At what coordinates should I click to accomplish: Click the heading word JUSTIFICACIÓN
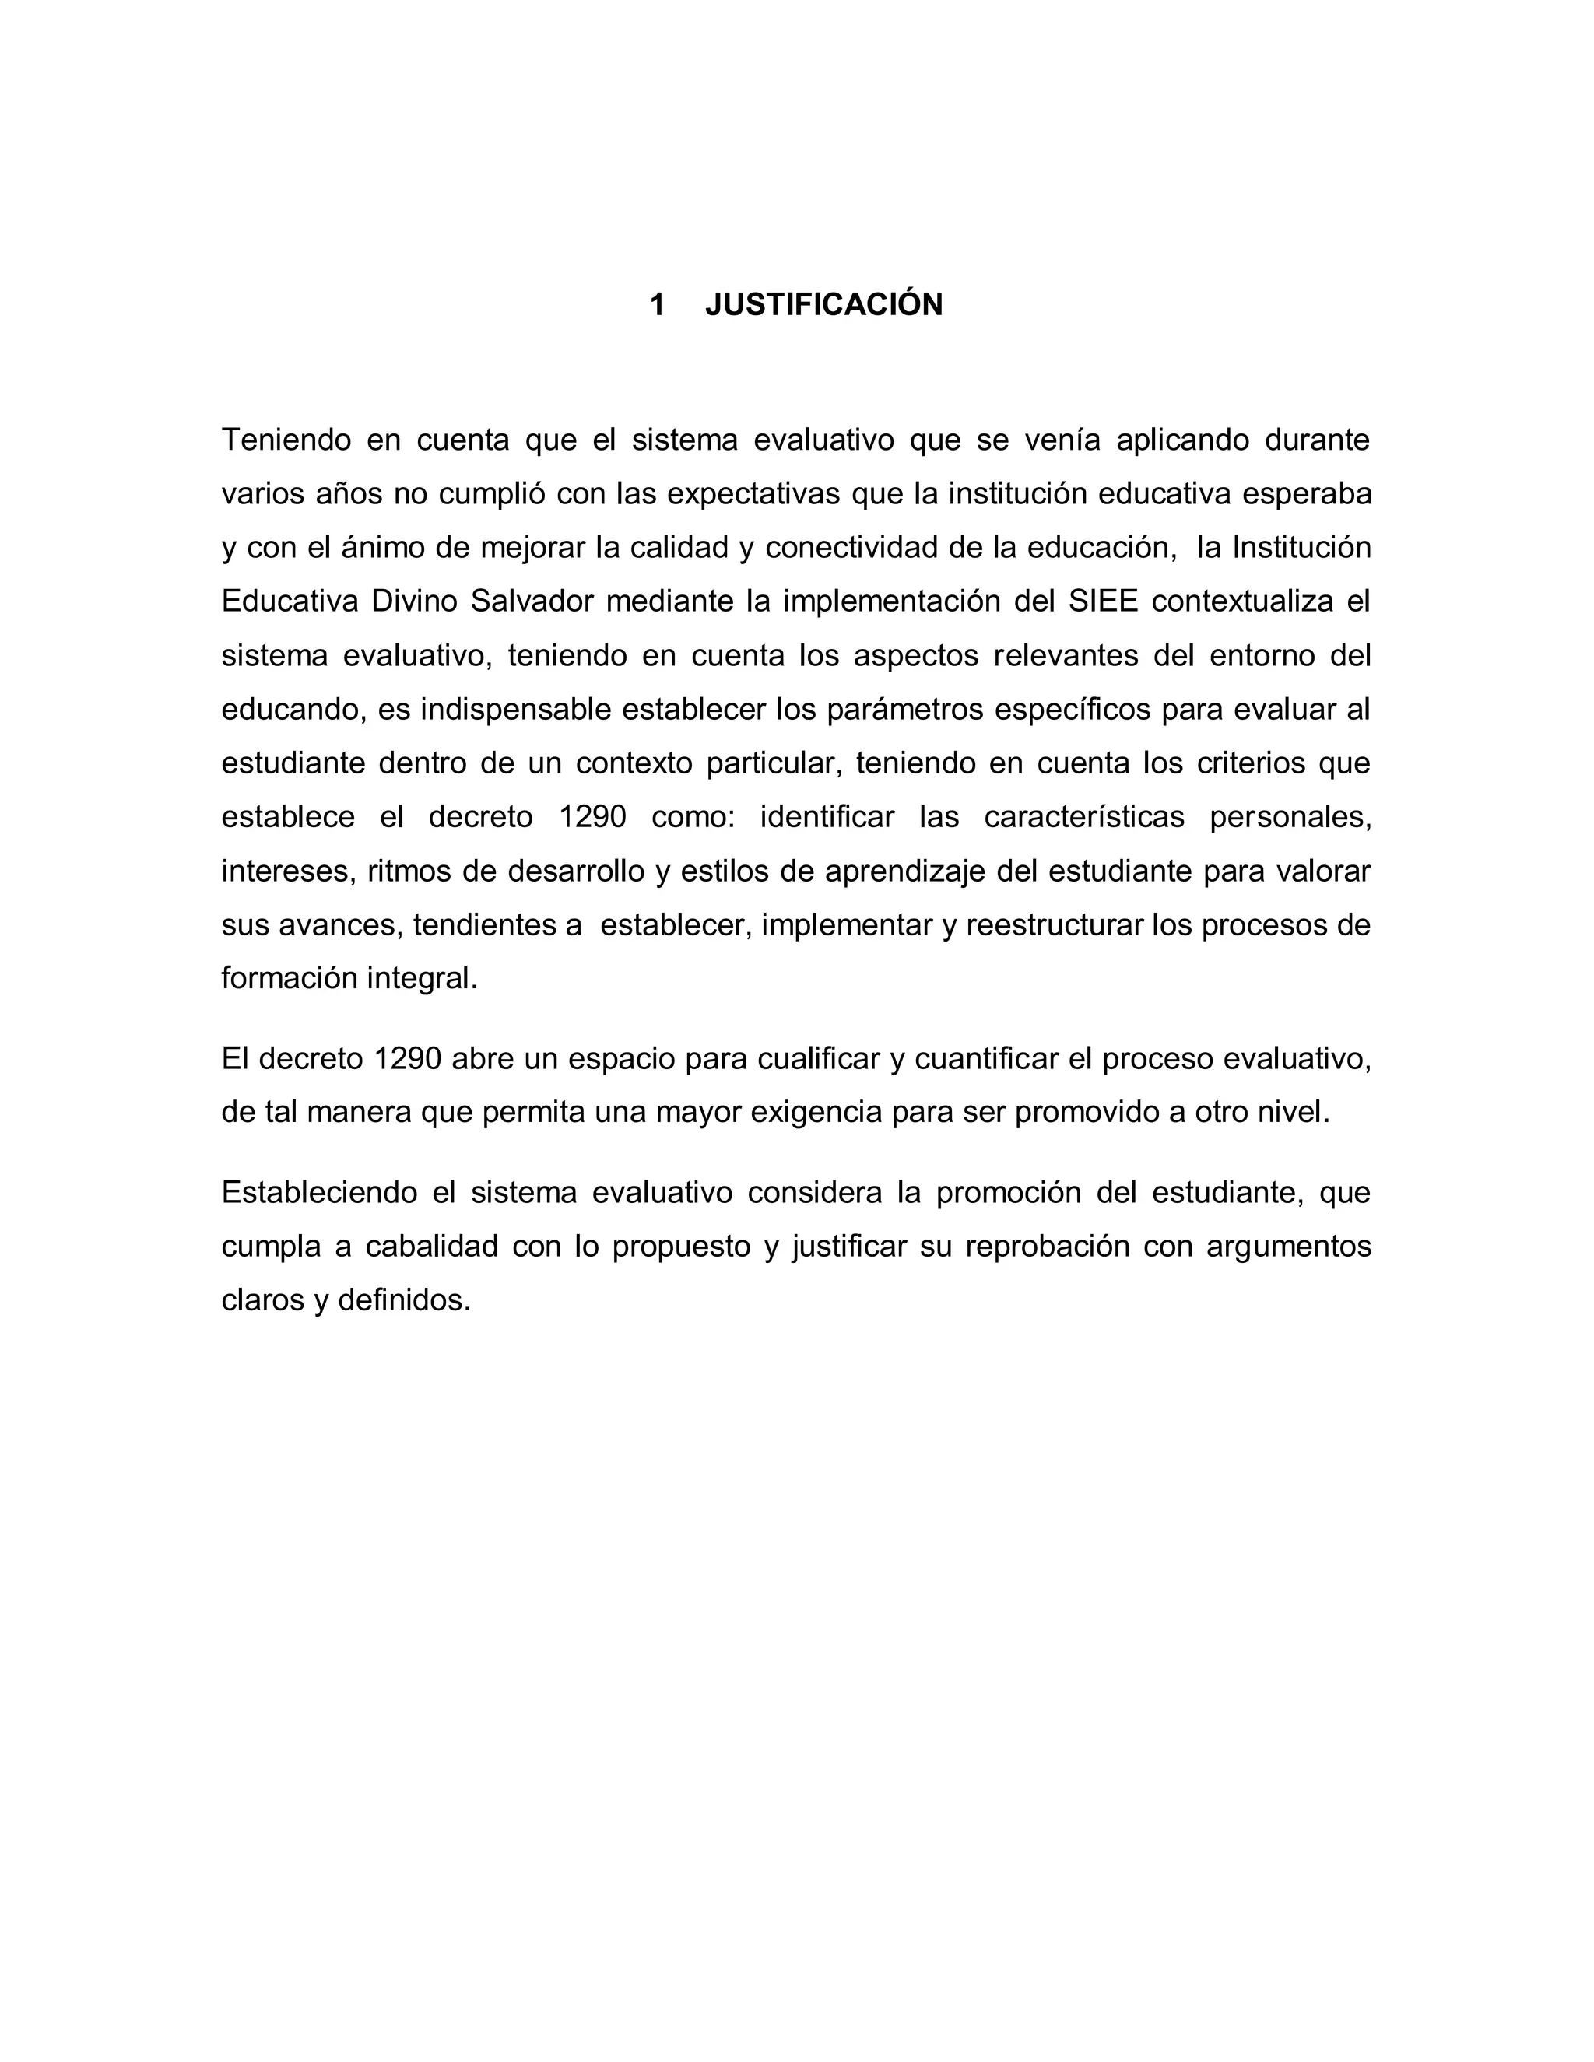pyautogui.click(x=823, y=305)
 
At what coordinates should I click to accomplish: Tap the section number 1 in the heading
pyautogui.click(x=657, y=305)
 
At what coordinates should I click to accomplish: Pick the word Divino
pyautogui.click(x=413, y=601)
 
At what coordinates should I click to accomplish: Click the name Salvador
pyautogui.click(x=532, y=601)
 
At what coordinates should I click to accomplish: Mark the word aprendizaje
pyautogui.click(x=904, y=871)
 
